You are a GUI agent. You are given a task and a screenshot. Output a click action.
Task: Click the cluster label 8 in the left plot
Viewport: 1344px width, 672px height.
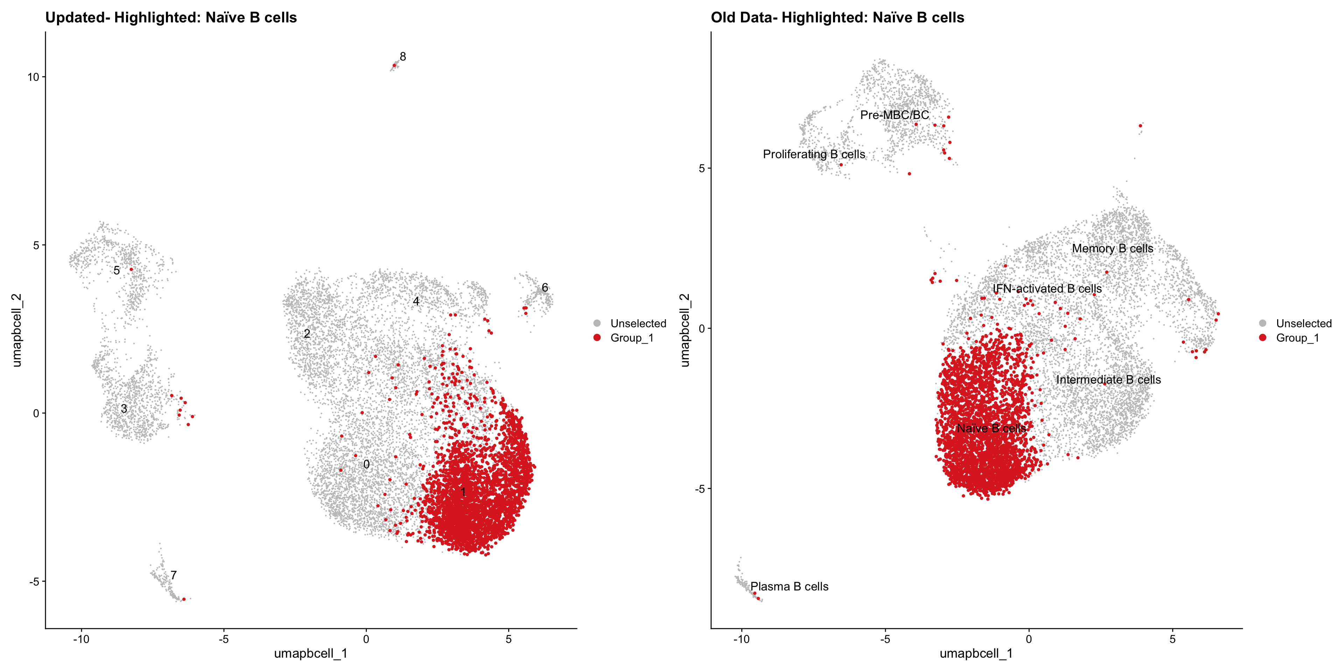click(403, 56)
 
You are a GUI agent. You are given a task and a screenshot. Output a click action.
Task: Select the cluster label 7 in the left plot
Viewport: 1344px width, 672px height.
click(173, 575)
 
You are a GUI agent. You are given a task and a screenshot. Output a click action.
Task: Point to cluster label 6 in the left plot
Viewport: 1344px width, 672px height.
click(545, 287)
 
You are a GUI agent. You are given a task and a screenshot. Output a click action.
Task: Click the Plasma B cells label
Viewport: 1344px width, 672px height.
click(789, 587)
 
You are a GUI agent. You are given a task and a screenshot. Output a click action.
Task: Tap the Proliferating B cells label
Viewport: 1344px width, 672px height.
click(814, 154)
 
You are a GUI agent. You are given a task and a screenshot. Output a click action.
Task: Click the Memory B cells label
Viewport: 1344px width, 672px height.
click(1112, 248)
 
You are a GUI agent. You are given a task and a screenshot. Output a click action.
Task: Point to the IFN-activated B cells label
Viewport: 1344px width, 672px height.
click(1047, 288)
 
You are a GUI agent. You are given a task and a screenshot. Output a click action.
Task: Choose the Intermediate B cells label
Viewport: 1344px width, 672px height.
click(1108, 380)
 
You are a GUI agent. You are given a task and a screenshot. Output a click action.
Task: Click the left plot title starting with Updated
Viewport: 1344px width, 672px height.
click(171, 18)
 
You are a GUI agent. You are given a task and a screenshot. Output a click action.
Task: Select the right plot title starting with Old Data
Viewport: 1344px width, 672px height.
click(838, 18)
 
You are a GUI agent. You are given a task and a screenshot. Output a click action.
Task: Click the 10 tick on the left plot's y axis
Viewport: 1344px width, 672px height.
click(33, 77)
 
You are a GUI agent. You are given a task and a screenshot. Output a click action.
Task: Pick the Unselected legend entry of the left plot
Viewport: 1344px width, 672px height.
click(638, 323)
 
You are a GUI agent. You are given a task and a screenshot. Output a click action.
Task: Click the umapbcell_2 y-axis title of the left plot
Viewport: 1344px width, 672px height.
click(17, 330)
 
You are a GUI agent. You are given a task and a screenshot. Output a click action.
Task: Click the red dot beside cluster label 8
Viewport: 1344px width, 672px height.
click(394, 65)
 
